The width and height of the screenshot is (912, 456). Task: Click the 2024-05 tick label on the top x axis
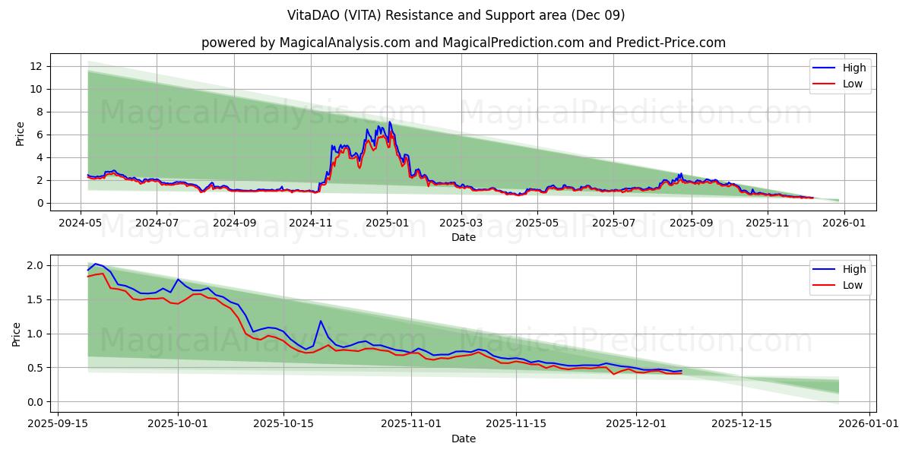81,223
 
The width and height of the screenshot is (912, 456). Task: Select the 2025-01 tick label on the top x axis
387,223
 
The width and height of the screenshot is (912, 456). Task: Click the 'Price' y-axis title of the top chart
20,134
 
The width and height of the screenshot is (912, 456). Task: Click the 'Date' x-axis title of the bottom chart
463,439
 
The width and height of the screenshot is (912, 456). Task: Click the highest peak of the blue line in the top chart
390,122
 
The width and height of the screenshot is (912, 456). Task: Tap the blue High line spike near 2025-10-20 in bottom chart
321,321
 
